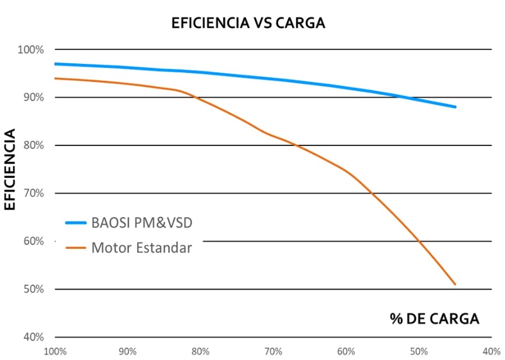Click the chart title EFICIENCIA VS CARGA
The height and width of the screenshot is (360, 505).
coord(248,23)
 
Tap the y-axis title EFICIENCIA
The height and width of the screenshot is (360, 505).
coord(10,169)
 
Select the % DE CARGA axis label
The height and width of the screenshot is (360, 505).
coord(434,319)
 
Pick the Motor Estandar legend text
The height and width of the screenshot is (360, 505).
coord(141,248)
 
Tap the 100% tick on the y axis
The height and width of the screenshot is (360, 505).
coord(31,50)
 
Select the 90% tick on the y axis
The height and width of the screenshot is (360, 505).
coord(33,98)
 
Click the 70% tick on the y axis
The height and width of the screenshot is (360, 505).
coord(33,193)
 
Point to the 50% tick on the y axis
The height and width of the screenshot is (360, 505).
coord(33,289)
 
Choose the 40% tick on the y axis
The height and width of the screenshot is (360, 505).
coord(33,337)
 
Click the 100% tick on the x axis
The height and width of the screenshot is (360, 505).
coord(55,351)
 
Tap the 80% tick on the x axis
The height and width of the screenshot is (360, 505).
coord(200,351)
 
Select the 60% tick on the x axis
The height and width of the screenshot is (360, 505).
coord(346,351)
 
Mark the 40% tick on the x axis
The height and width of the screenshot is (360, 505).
coord(492,351)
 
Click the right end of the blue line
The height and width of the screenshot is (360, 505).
coord(455,107)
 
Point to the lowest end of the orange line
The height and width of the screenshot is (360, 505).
coord(455,284)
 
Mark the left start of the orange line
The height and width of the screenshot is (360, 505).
coord(55,79)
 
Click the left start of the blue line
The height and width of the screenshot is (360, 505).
coord(55,64)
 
